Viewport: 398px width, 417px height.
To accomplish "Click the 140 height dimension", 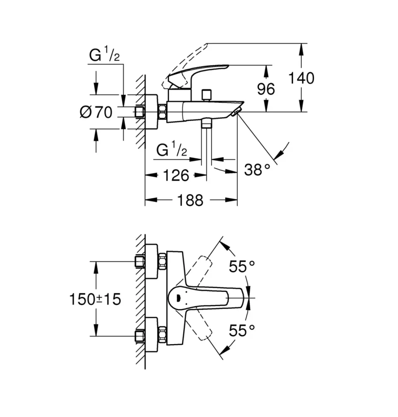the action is [x=301, y=78].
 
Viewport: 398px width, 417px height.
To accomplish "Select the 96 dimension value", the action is [x=266, y=89].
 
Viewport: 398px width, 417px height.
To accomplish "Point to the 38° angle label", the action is [x=257, y=170].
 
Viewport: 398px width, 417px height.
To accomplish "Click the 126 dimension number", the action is [x=176, y=175].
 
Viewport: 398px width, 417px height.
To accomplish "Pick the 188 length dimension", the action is [x=190, y=200].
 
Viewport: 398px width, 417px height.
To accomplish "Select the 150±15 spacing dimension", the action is [x=95, y=299].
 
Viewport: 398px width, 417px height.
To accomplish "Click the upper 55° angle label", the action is [x=242, y=266].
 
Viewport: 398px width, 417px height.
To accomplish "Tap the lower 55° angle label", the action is [x=242, y=330].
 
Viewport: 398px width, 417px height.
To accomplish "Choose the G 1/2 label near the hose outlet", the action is [x=172, y=149].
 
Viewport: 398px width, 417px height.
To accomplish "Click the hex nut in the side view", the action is [x=162, y=112].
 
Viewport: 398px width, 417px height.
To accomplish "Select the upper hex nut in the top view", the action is [x=162, y=261].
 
